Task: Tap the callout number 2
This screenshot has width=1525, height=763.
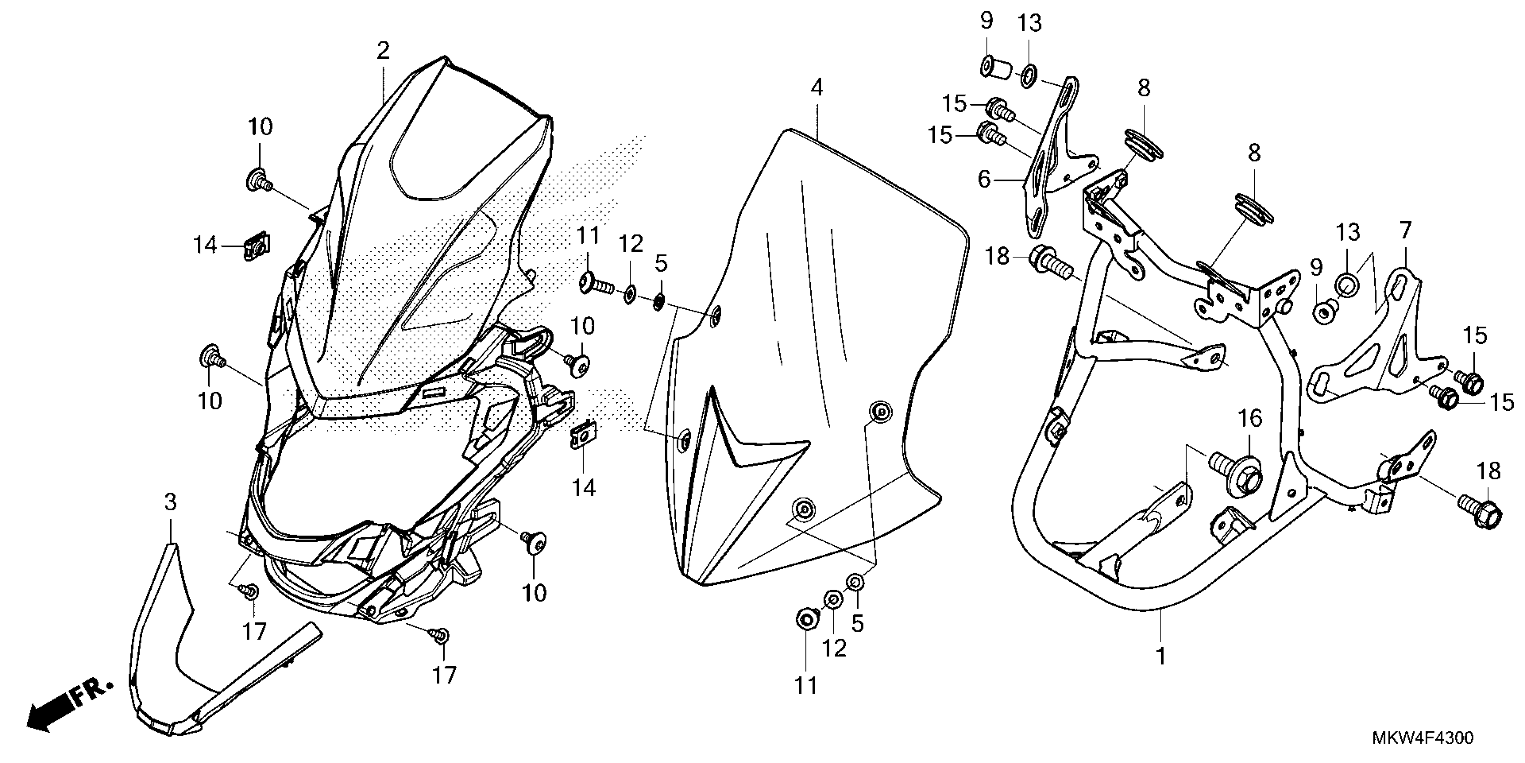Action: pyautogui.click(x=383, y=51)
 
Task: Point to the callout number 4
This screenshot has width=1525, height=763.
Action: pyautogui.click(x=817, y=88)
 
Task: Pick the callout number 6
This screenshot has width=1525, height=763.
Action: pyautogui.click(x=984, y=179)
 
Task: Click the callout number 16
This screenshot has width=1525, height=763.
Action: pyautogui.click(x=1250, y=419)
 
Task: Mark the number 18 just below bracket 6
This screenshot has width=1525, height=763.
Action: pyautogui.click(x=997, y=257)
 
